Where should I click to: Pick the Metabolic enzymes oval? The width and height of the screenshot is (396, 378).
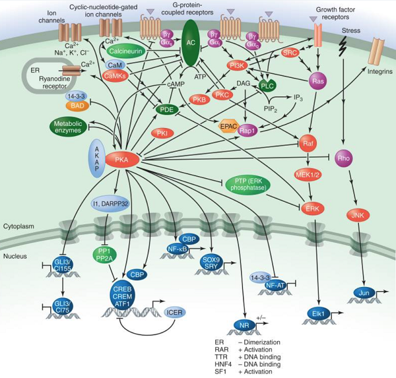click(71, 125)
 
